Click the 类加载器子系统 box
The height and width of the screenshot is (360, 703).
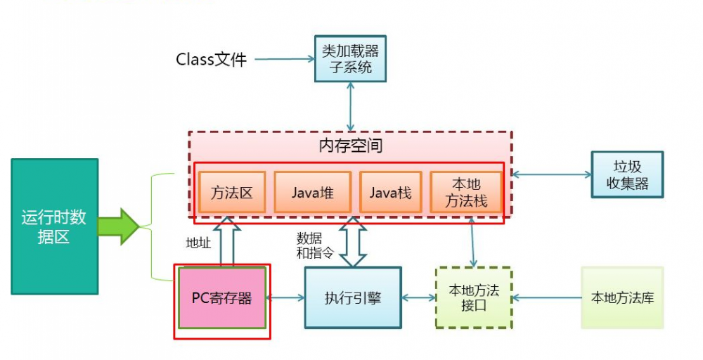coord(350,59)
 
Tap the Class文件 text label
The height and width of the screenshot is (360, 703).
coord(211,60)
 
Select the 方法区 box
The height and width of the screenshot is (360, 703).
coord(232,192)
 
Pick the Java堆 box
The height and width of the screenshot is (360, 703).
coord(312,192)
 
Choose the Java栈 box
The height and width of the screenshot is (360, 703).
coord(391,192)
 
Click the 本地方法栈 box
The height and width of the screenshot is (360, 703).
coord(465,192)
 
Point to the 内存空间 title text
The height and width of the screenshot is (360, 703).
coord(350,147)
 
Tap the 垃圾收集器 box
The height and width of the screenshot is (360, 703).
coord(627,174)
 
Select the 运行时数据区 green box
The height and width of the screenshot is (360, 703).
coord(53,226)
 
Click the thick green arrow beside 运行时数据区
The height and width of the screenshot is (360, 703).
coord(120,226)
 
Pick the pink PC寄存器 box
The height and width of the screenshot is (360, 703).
coord(222,297)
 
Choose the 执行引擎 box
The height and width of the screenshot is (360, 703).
coord(353,297)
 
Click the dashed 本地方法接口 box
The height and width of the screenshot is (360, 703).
coord(474,297)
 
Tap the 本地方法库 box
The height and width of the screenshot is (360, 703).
coord(622,297)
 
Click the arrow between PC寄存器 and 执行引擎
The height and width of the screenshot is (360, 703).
coord(286,297)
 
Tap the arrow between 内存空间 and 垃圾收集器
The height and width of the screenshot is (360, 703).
coord(551,174)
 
